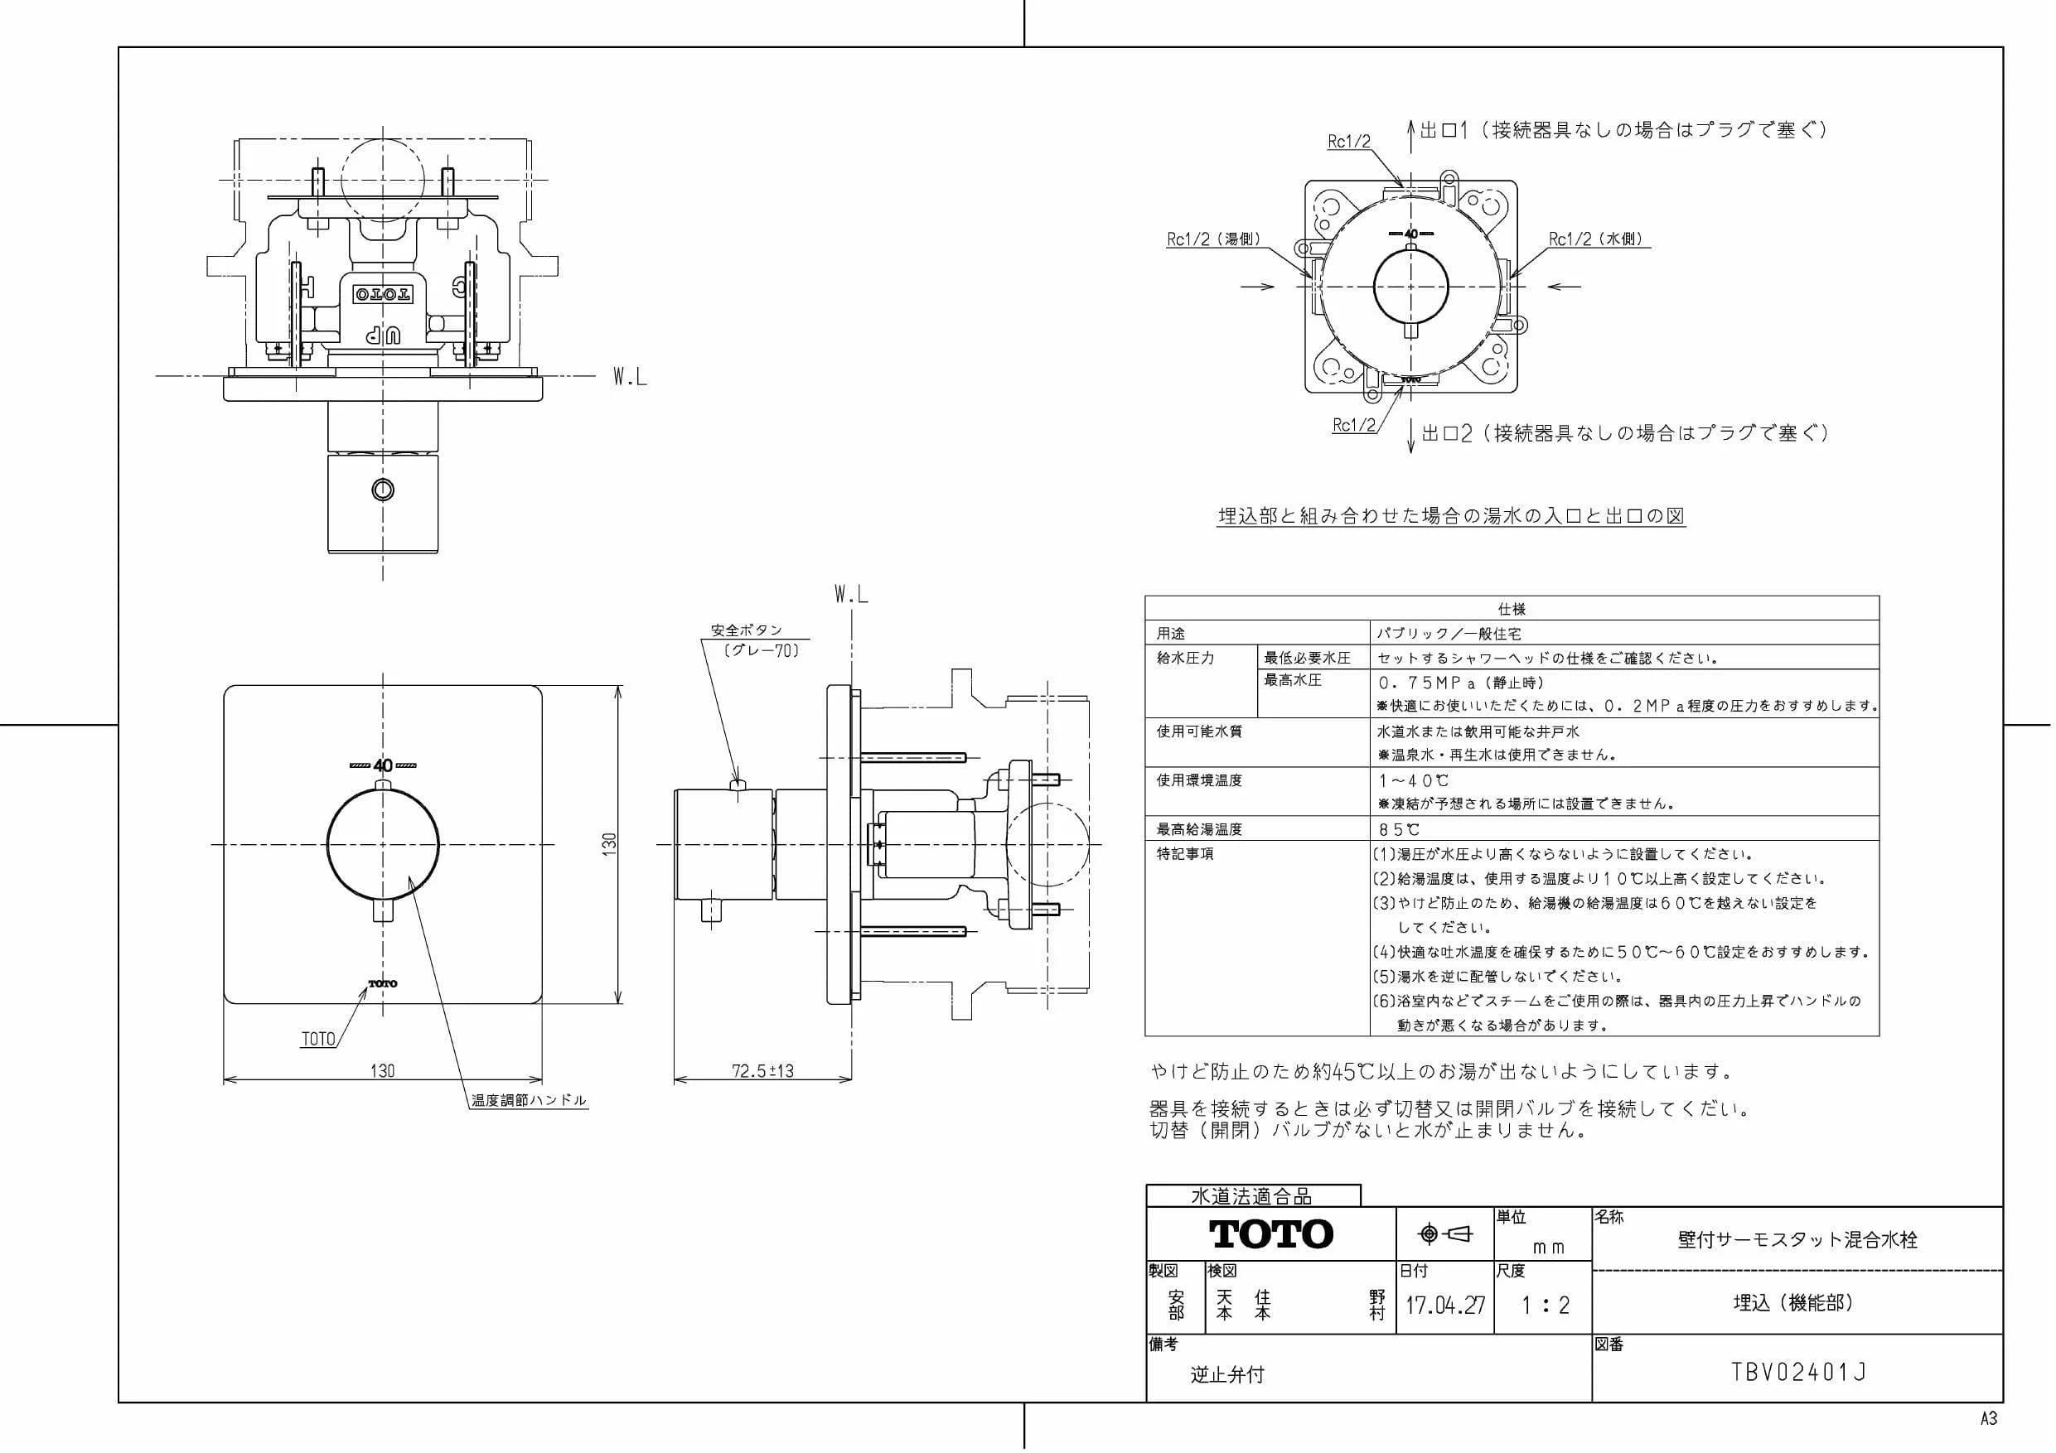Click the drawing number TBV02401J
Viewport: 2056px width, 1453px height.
(1798, 1373)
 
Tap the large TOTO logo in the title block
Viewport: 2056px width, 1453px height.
(1270, 1233)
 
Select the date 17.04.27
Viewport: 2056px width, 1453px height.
(1444, 1306)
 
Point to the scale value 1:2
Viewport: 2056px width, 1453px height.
(1545, 1306)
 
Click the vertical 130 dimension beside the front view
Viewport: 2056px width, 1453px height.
(609, 844)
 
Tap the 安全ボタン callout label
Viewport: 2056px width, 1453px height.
(747, 630)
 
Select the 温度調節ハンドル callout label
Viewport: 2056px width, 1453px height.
(530, 1100)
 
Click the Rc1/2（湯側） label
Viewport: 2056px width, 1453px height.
(1214, 239)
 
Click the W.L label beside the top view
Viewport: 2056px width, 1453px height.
(630, 377)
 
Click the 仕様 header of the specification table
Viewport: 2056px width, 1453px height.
(1512, 609)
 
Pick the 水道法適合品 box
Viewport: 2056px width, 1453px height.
(1253, 1196)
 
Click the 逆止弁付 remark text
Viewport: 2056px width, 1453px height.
(1226, 1374)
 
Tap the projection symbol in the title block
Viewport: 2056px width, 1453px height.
(1445, 1234)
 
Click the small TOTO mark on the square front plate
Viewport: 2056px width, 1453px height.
(383, 984)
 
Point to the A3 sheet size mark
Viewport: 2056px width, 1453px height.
(1988, 1419)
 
